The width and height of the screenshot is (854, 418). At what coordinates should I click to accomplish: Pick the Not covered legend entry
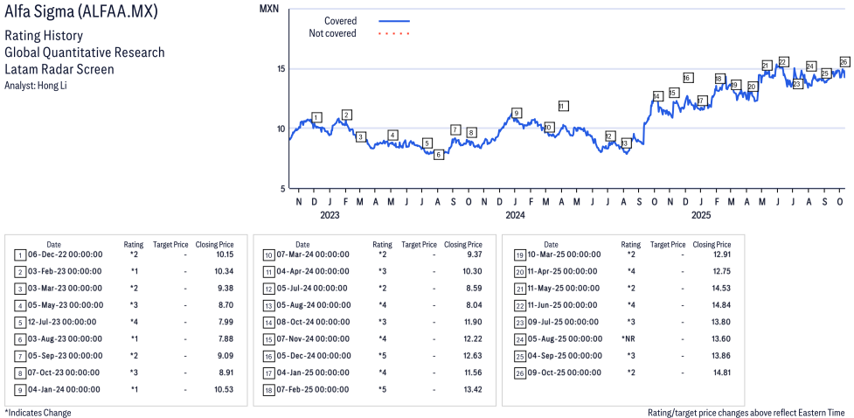[x=333, y=33]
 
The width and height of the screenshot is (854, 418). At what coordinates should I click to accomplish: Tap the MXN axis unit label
[x=270, y=8]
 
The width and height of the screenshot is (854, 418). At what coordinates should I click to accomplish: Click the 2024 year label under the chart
[x=515, y=214]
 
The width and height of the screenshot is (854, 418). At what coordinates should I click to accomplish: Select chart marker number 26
[x=844, y=61]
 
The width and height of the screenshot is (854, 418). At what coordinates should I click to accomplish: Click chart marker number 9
[x=517, y=113]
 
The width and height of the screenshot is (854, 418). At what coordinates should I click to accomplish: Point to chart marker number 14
[x=657, y=96]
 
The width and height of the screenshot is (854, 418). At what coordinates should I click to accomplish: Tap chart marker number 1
[x=316, y=117]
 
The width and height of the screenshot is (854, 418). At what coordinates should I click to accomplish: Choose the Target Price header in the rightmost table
[x=667, y=245]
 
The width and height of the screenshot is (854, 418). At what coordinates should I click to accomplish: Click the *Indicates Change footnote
[x=38, y=412]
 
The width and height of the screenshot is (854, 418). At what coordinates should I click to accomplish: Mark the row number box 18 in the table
[x=268, y=389]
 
